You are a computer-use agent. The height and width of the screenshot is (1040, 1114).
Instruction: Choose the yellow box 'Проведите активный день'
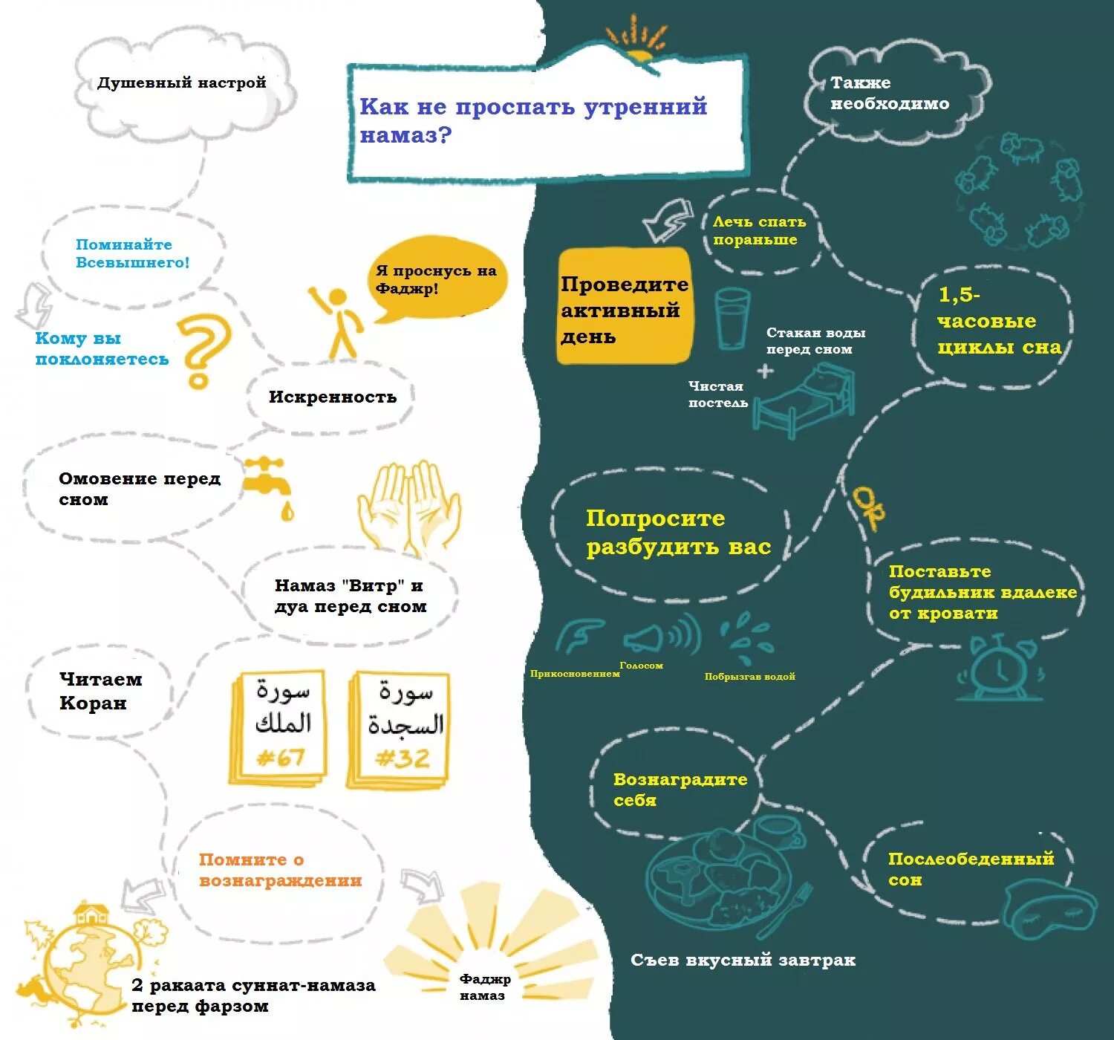[624, 308]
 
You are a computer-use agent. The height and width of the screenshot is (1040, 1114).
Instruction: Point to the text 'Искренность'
[332, 397]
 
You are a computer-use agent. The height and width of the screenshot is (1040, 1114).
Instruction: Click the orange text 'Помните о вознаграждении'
[280, 870]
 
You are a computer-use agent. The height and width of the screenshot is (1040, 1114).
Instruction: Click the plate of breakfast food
[717, 880]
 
